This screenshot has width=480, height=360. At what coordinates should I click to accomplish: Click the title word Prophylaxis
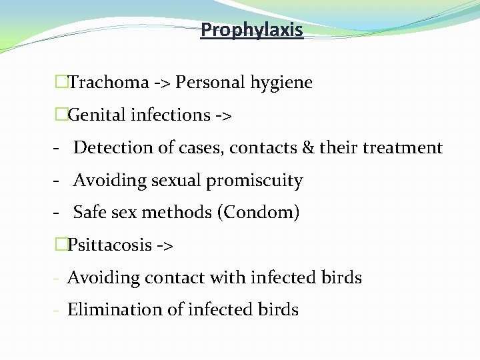[x=252, y=30]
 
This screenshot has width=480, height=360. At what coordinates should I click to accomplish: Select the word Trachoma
[x=109, y=83]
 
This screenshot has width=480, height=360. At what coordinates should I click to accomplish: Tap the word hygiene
[x=281, y=83]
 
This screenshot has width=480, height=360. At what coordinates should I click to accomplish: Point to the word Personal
[x=211, y=83]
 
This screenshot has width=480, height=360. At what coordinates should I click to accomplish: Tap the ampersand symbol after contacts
[x=308, y=147]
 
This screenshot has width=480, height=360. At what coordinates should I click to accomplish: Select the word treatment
[x=402, y=147]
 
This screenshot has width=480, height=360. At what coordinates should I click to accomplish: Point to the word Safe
[x=88, y=213]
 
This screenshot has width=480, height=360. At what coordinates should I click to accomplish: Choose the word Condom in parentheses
[x=259, y=213]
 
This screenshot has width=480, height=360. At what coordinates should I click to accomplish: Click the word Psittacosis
[x=110, y=245]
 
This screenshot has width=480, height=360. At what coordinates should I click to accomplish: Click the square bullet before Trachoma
[x=61, y=83]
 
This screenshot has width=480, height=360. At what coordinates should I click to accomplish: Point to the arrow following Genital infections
[x=223, y=116]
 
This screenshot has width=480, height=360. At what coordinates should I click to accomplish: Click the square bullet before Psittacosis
[x=61, y=245]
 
